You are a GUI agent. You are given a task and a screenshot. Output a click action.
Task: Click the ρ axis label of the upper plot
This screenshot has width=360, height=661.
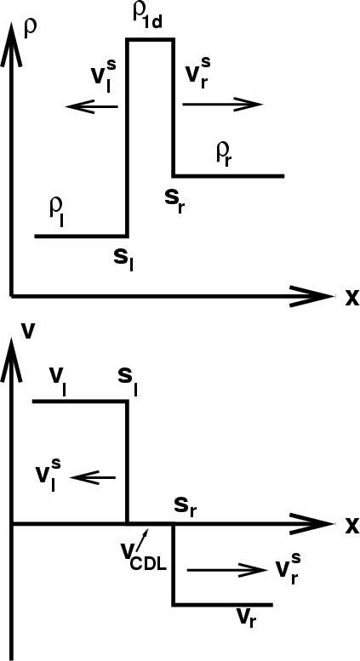tap(31, 30)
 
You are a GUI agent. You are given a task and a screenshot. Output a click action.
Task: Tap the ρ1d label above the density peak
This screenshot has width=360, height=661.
tap(147, 17)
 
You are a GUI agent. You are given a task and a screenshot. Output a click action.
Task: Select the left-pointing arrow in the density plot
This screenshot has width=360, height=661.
tap(92, 106)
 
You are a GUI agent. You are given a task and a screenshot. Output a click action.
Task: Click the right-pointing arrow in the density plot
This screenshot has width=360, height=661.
tap(223, 104)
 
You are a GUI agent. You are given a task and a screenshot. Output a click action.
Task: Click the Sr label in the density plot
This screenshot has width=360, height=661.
tap(174, 202)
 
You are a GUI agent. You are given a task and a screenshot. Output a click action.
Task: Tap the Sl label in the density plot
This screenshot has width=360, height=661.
tap(123, 260)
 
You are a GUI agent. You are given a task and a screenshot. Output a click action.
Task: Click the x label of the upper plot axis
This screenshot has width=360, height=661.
tap(352, 299)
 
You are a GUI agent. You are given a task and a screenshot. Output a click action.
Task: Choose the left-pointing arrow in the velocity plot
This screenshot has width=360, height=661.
tap(92, 477)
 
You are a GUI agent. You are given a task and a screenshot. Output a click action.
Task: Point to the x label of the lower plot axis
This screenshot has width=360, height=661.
tap(352, 526)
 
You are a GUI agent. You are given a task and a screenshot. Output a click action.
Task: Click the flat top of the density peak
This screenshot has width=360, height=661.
tap(151, 40)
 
